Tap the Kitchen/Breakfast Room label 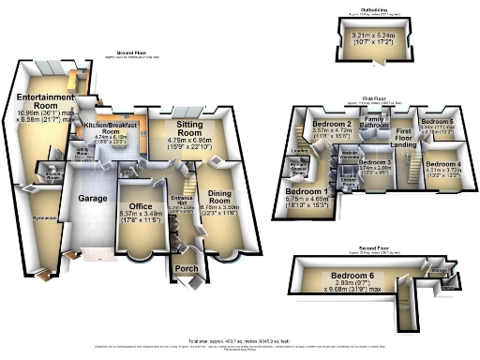click(112, 127)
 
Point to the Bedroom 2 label click(331, 125)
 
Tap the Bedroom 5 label click(437, 123)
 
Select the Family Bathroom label click(376, 123)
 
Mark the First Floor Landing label click(404, 136)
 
